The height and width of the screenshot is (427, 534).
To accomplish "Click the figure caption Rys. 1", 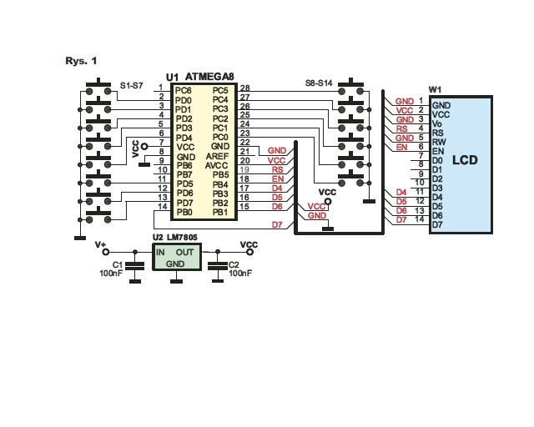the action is click(81, 61).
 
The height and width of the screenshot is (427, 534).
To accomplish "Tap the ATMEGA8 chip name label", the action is click(209, 77).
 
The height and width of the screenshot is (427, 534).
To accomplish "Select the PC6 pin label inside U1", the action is click(184, 91).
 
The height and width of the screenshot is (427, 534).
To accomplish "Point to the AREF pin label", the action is click(217, 156).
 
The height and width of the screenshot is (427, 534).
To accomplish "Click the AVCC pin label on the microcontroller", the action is click(217, 165).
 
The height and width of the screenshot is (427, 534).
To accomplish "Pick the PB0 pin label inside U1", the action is click(184, 212).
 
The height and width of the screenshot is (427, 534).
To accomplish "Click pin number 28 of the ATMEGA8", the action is click(244, 88).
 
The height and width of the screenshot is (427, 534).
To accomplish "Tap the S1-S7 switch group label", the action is click(132, 85).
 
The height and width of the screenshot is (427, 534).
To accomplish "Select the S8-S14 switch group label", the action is click(319, 83).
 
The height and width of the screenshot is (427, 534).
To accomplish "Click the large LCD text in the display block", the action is click(465, 160).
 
